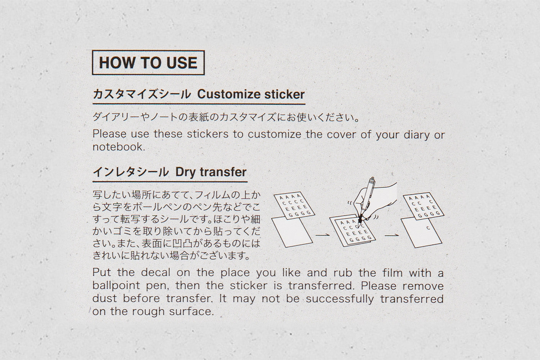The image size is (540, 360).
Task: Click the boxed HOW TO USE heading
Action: (148, 63)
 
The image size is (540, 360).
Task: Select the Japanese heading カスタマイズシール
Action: (142, 94)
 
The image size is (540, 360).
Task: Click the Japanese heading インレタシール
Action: (131, 172)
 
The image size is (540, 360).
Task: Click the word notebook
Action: (119, 147)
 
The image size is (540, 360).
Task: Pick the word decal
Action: (155, 273)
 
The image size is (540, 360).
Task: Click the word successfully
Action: (340, 299)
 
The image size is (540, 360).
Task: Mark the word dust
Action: (105, 298)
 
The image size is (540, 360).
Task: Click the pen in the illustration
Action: (365, 201)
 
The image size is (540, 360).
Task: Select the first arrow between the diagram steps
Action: (322, 235)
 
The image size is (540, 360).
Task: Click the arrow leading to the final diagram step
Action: (392, 235)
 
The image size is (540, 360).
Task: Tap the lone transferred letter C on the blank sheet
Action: (428, 228)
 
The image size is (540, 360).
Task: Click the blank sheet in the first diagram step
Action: (292, 232)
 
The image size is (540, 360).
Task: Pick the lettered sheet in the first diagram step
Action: (295, 206)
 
